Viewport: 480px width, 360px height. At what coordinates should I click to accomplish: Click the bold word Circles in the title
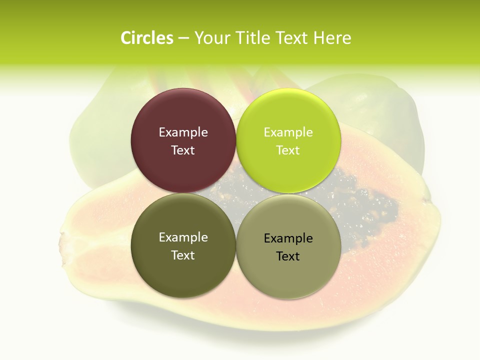(x=147, y=38)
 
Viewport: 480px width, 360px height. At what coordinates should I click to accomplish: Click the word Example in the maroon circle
(x=183, y=132)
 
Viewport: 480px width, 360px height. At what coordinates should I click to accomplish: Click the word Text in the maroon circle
(x=183, y=150)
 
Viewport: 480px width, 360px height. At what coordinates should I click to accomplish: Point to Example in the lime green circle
(x=288, y=132)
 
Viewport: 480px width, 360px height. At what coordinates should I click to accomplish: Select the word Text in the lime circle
(x=288, y=150)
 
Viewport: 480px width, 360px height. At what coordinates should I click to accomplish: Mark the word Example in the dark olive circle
(x=183, y=237)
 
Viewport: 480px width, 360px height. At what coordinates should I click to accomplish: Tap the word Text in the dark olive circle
(x=183, y=255)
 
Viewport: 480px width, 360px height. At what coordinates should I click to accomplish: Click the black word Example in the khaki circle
(x=288, y=238)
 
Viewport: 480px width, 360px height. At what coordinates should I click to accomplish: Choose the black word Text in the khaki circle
(x=288, y=256)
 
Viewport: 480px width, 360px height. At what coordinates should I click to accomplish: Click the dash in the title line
(x=183, y=38)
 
